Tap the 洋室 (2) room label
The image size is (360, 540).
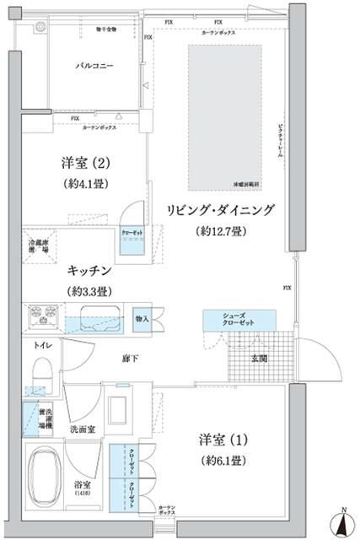coord(83,163)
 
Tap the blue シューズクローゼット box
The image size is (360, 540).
coord(239,320)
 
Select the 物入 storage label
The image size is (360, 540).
coord(142,318)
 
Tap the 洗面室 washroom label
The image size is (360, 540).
coord(83,429)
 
